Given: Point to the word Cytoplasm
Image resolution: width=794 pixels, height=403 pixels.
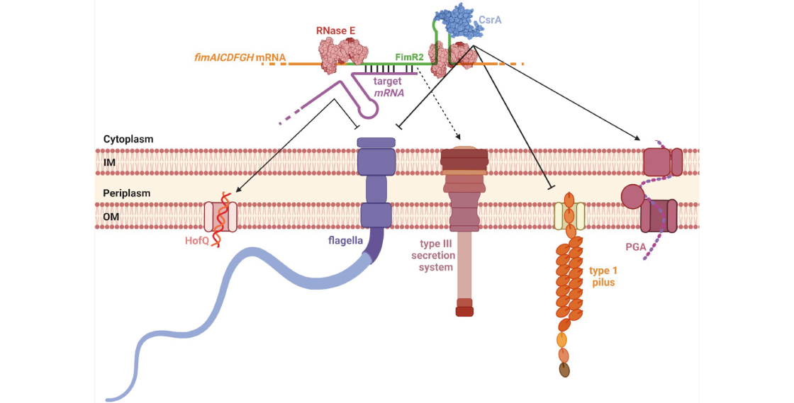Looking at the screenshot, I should [x=128, y=140].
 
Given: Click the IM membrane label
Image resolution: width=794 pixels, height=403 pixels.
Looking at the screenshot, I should [x=109, y=163].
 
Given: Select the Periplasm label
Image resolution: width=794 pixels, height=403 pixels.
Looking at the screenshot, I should [x=126, y=193].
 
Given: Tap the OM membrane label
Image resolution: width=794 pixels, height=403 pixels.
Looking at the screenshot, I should [x=111, y=217].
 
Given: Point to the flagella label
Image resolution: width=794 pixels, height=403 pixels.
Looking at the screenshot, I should [x=345, y=240].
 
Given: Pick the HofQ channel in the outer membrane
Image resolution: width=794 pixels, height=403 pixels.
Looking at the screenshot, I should [x=220, y=217].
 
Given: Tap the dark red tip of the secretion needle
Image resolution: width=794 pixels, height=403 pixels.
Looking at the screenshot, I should [x=464, y=311].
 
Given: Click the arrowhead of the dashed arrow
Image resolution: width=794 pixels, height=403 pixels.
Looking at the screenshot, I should [x=459, y=137].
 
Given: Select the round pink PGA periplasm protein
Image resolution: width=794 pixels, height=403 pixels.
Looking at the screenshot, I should [x=631, y=195].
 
